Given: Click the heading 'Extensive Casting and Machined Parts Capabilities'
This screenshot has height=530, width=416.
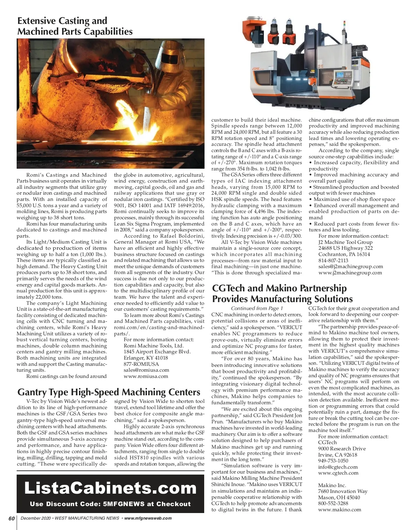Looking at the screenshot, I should coord(75,26).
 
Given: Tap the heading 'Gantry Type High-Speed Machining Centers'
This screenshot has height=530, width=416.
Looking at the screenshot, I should coord(109,392).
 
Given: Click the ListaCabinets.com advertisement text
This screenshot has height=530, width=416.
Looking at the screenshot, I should coord(110,488).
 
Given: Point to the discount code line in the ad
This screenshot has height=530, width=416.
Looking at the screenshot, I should coord(110,504).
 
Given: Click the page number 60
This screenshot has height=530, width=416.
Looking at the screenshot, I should coord(11,518).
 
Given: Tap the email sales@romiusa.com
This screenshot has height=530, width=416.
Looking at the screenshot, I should coord(146,370).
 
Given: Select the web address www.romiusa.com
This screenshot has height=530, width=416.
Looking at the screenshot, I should coord(146,376).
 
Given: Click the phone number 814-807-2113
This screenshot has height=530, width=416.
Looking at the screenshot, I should coord(333,260).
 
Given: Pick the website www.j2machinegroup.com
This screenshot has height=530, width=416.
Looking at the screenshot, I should coord(350,273).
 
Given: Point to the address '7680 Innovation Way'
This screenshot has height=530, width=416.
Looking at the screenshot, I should coord(343,491).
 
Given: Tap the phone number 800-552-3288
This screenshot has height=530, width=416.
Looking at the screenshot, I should coord(333,503).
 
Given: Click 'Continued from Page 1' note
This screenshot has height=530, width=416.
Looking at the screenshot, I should coord(257,308).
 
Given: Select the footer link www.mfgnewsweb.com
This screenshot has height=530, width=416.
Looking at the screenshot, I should coord(148,518).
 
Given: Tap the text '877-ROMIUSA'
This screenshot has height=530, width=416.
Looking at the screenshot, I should coord(141,364).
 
